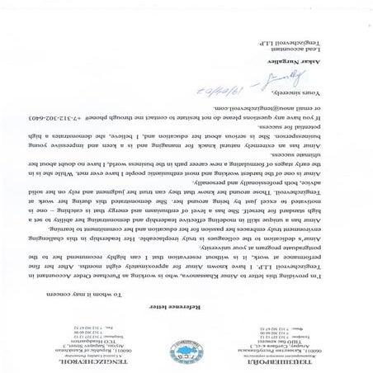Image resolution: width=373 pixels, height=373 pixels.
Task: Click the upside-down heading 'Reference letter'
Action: pyautogui.click(x=186, y=304)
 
